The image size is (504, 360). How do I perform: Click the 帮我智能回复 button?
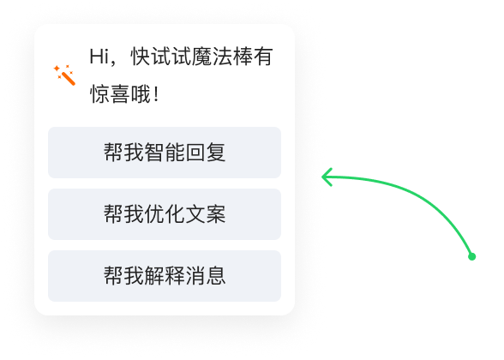click(x=165, y=153)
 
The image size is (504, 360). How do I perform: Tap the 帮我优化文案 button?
click(x=165, y=214)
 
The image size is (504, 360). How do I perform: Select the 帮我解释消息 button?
click(x=165, y=276)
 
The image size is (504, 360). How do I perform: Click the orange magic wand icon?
click(x=64, y=75)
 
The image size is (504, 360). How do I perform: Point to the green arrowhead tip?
click(x=322, y=177)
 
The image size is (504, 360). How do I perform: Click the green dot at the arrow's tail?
click(x=471, y=256)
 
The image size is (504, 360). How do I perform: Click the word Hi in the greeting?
click(x=99, y=57)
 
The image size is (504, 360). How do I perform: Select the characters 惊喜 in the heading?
click(x=110, y=94)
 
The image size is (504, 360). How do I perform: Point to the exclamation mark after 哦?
click(x=156, y=94)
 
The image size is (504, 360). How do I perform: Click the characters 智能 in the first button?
click(x=165, y=153)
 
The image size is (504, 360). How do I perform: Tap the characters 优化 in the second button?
click(x=165, y=214)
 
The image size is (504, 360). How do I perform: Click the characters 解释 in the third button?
click(x=165, y=276)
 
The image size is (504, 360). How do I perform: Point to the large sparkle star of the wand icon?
click(x=57, y=69)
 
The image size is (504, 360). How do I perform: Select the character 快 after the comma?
click(x=141, y=57)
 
